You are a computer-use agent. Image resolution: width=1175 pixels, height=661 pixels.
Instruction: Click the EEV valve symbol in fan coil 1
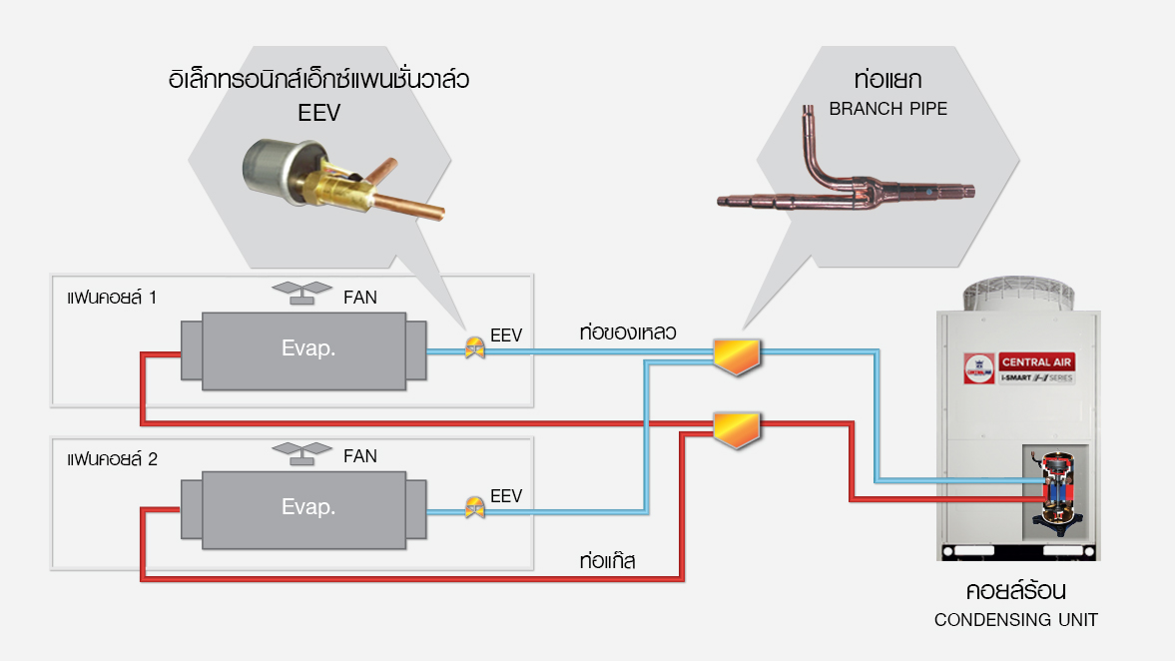coord(475,346)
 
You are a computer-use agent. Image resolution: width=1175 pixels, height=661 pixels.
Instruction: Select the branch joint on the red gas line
coord(737,428)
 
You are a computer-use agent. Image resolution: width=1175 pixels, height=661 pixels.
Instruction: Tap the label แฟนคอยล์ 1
coord(111,298)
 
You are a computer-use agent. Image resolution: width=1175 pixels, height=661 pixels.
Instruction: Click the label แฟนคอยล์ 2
coord(111,459)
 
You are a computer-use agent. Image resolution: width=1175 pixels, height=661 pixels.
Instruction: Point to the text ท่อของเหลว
coord(628,332)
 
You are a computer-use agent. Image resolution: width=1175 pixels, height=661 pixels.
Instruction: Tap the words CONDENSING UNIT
coord(1015,620)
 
